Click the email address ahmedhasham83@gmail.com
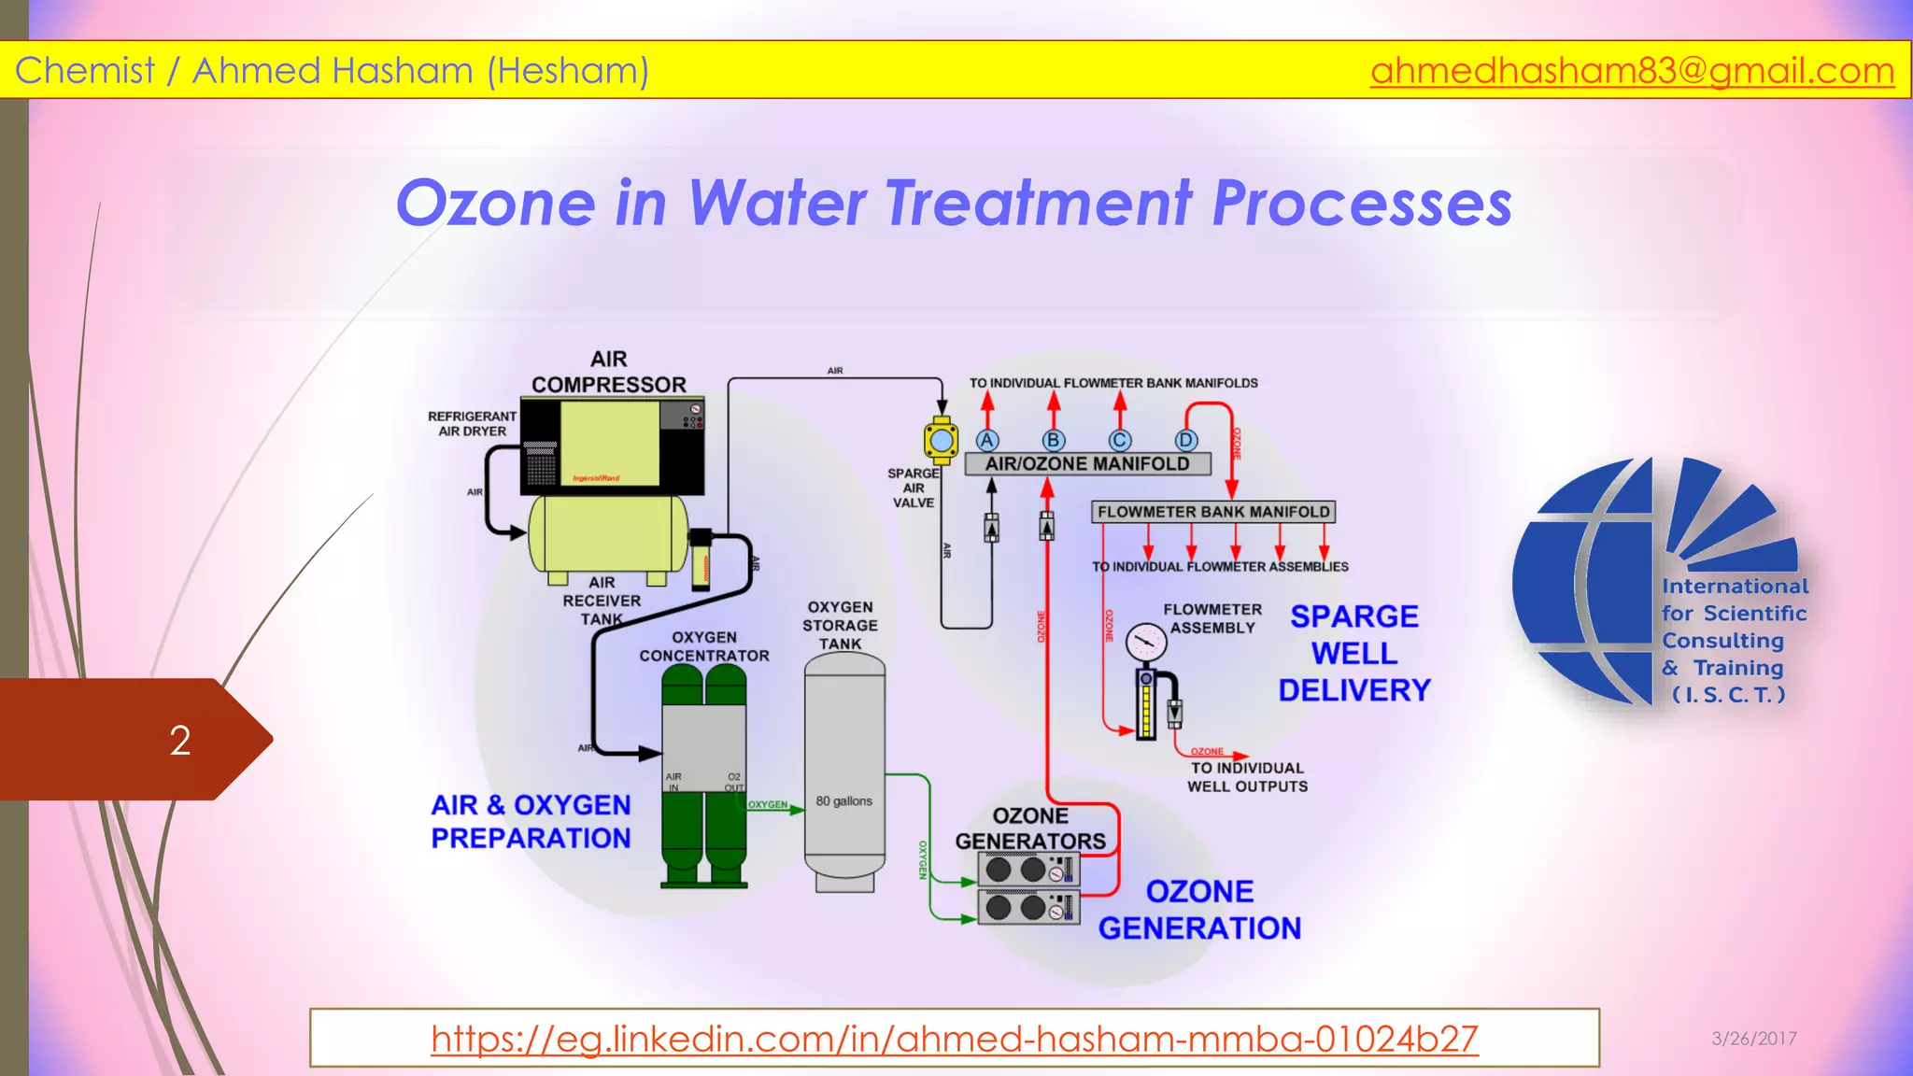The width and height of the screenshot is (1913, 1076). click(1631, 71)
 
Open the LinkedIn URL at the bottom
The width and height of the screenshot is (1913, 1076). click(954, 1038)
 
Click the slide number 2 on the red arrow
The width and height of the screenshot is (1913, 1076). click(180, 741)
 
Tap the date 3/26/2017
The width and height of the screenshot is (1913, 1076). click(1753, 1038)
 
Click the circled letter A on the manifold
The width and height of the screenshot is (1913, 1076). click(987, 440)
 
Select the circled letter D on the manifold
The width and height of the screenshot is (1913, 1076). click(1185, 440)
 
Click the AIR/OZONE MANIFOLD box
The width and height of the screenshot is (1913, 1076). click(1087, 463)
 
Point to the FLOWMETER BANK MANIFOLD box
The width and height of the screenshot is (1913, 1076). click(1212, 512)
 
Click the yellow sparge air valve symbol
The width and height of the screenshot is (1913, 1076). click(941, 440)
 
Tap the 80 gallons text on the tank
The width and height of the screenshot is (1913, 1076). click(843, 801)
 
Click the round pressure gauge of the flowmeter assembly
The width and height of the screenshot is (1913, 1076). click(1145, 643)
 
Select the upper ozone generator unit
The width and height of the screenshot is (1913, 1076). click(1027, 870)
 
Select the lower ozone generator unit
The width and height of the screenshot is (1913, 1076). click(1027, 907)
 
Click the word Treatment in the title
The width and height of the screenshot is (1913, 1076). click(1038, 203)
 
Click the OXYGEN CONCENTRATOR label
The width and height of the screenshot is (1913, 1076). click(704, 646)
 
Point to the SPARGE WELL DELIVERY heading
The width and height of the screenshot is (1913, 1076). click(1353, 653)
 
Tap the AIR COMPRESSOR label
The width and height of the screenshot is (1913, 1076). click(609, 372)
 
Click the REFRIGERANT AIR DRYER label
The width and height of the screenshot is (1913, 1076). click(472, 423)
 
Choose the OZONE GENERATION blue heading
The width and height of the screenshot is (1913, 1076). click(1199, 910)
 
